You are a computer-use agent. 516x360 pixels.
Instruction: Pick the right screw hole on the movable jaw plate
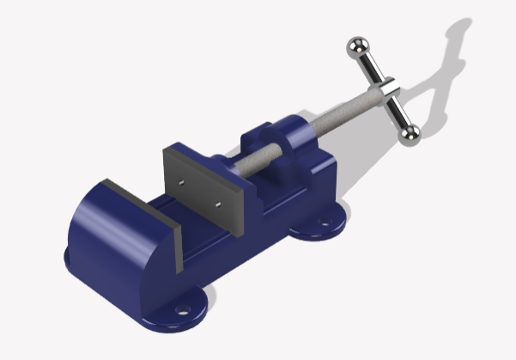[x=219, y=204]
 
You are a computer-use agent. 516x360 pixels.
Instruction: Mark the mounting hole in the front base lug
[x=182, y=306]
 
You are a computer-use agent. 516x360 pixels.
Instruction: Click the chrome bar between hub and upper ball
[x=369, y=67]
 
